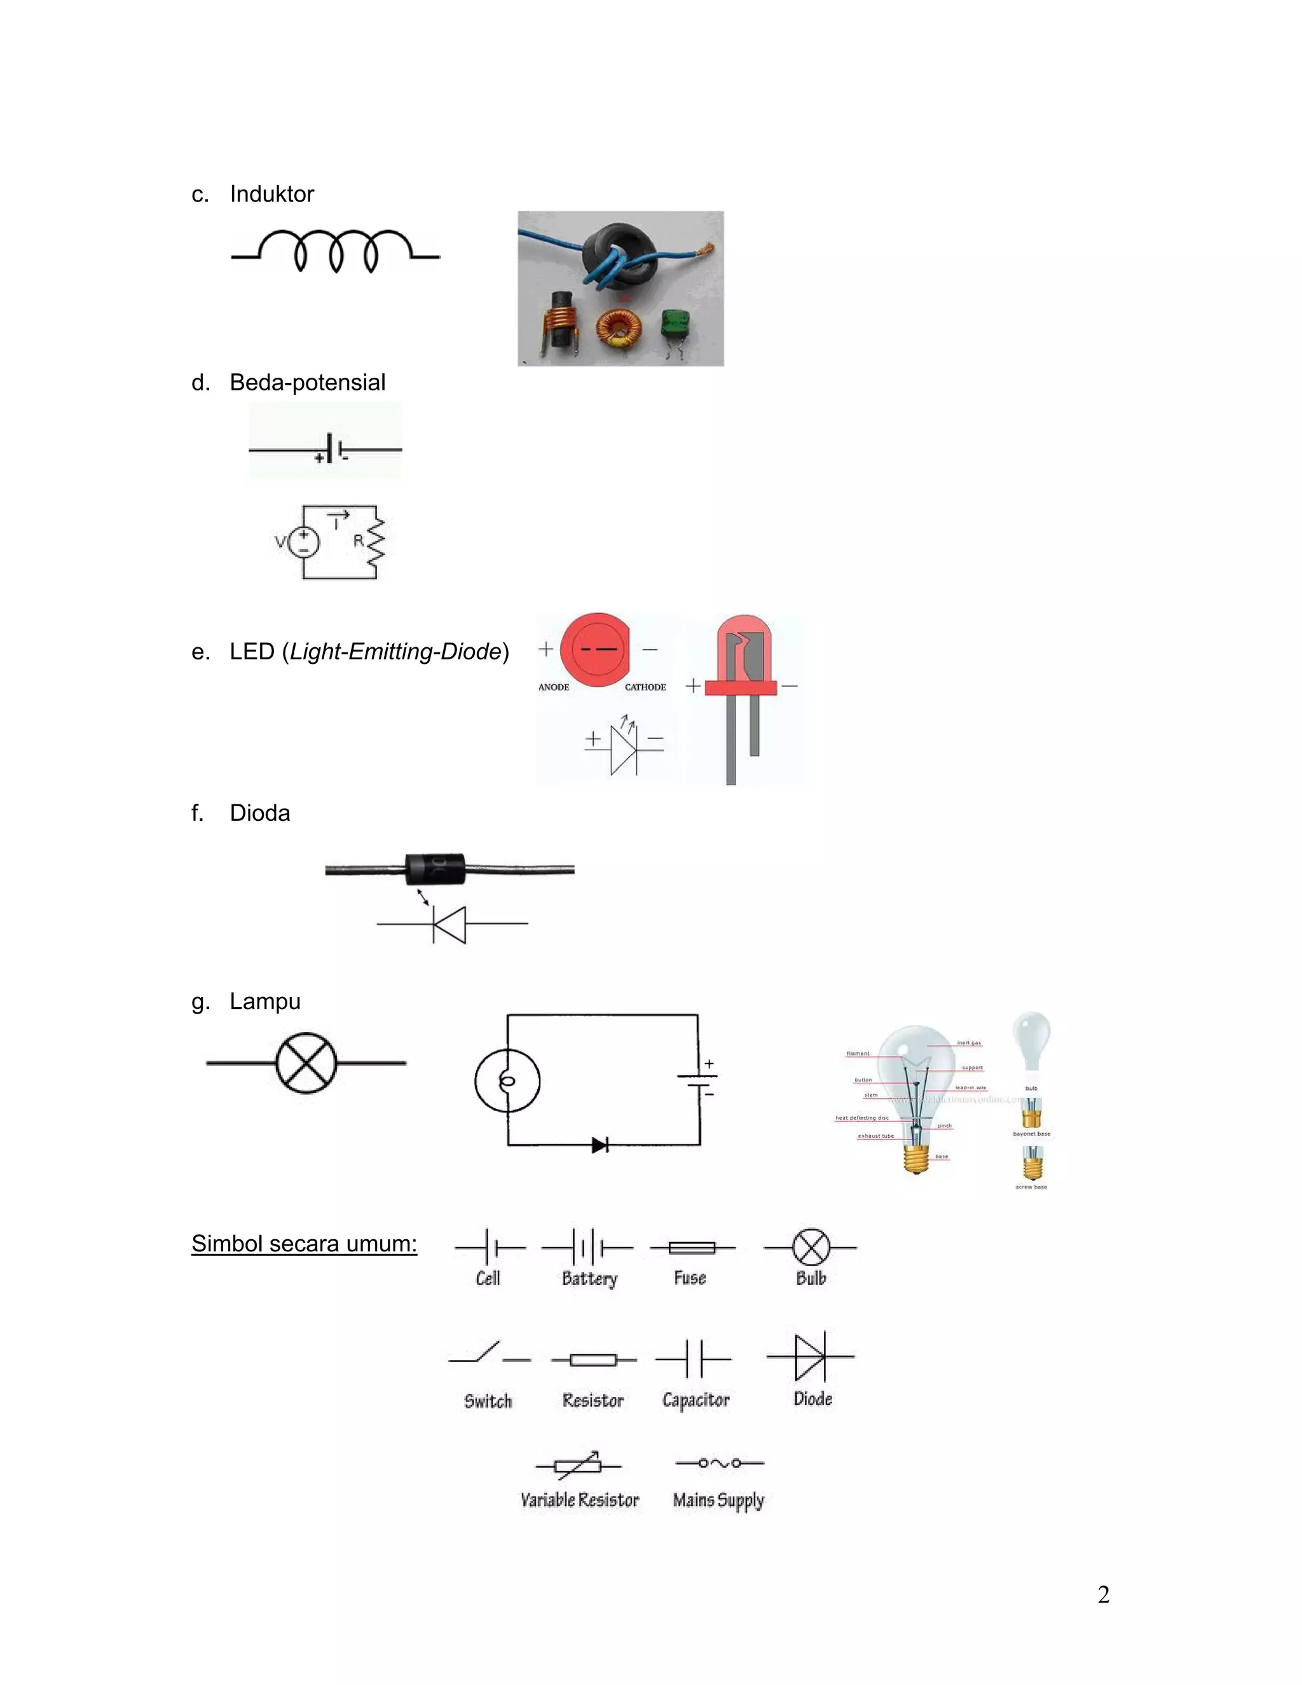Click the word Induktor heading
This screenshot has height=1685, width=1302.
pos(271,194)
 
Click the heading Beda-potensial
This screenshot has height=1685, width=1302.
pos(307,382)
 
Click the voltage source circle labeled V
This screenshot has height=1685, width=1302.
pos(304,542)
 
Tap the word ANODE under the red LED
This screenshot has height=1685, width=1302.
pos(553,687)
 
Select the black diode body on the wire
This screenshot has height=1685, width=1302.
pos(435,869)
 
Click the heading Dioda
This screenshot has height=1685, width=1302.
pos(259,813)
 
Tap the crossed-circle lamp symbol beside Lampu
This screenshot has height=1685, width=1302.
pos(306,1063)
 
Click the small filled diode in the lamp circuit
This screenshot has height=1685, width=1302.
pos(600,1145)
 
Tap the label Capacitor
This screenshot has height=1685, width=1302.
pos(695,1400)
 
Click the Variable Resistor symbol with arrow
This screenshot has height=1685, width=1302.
pos(579,1464)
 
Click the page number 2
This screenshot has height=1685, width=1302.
pos(1103,1594)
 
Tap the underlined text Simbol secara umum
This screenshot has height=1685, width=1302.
pos(304,1244)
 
